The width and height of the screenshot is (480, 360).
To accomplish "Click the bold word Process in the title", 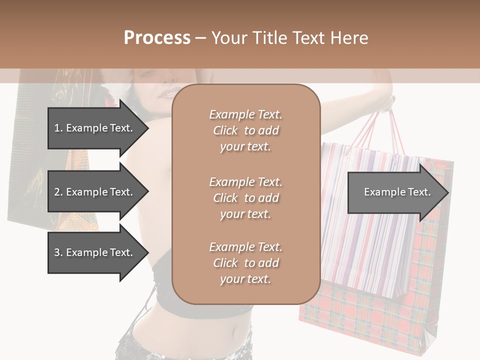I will pos(157,38).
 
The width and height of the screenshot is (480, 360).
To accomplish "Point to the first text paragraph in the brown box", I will pos(245,130).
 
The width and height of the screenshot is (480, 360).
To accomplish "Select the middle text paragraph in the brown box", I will pos(245,197).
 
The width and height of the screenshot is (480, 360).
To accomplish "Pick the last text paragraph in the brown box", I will pos(245,263).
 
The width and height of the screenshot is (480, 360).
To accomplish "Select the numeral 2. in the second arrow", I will pos(58,192).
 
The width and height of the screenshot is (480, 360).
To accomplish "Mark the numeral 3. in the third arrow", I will pos(58,252).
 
